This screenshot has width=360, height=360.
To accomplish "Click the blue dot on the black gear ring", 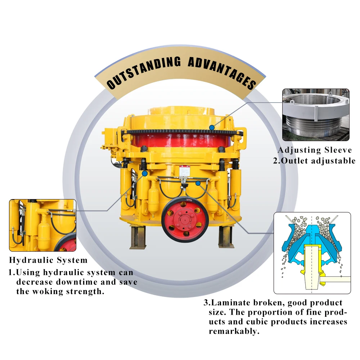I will pyautogui.click(x=212, y=127).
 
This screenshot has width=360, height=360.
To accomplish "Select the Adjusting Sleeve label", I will pyautogui.click(x=314, y=150).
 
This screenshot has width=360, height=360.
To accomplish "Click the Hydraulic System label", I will pyautogui.click(x=48, y=260).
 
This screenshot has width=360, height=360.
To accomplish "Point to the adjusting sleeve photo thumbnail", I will pyautogui.click(x=316, y=114).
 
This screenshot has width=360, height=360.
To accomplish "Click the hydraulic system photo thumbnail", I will pyautogui.click(x=42, y=225).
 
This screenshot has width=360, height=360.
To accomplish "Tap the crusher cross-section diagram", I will pyautogui.click(x=312, y=253).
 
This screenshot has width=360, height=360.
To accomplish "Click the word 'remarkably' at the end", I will pyautogui.click(x=234, y=331).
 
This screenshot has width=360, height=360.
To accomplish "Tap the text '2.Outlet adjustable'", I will pyautogui.click(x=314, y=161).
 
